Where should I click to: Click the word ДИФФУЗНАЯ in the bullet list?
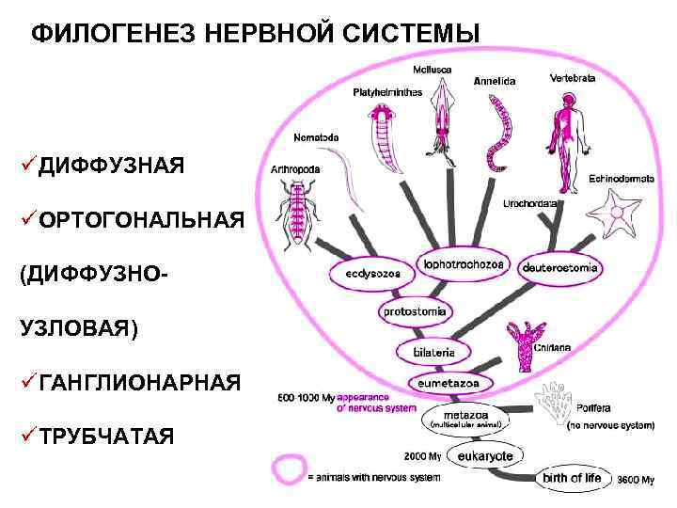pos(112,166)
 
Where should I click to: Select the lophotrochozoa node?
pos(464,265)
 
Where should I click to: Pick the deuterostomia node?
pos(559,268)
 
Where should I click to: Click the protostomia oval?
pos(416,311)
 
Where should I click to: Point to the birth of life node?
pos(571,479)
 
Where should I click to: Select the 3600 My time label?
pos(636,481)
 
